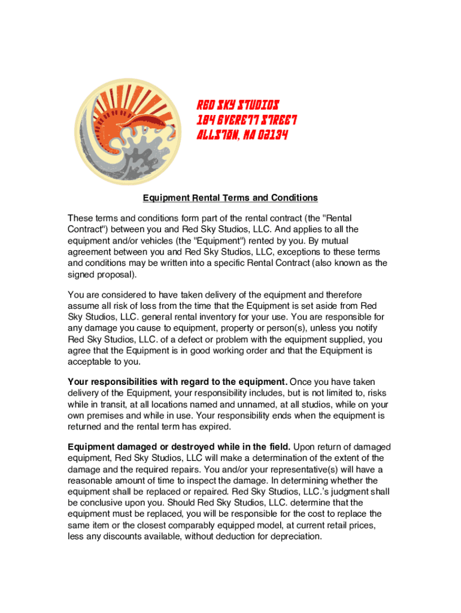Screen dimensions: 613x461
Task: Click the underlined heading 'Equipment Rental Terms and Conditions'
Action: [230, 198]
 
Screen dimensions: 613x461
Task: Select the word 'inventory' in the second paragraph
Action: [233, 317]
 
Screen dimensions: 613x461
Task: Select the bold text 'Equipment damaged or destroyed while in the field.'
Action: [180, 447]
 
